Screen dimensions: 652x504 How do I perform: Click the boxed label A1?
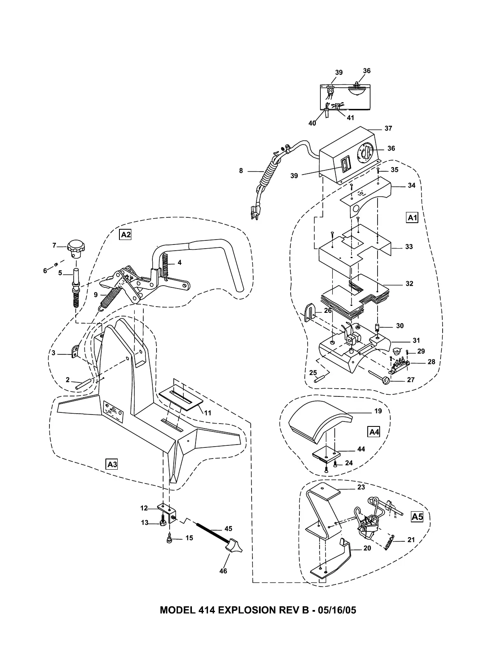412,218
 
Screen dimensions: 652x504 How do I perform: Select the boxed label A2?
125,235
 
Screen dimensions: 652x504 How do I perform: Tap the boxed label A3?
112,464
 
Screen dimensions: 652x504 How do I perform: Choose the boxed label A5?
417,517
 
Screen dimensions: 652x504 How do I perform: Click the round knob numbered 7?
75,248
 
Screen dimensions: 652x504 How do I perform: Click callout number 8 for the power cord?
241,171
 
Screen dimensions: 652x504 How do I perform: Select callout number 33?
408,247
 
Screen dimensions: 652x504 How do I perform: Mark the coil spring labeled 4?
166,264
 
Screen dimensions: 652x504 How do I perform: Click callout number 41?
350,118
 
